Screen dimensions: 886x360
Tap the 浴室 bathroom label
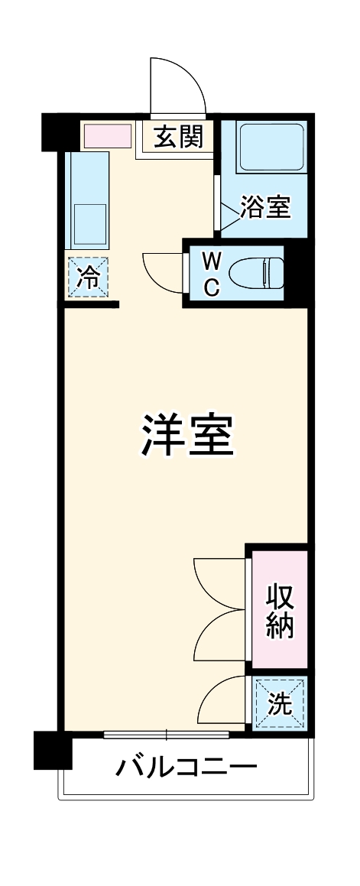[265, 207]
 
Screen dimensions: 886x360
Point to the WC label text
[212, 274]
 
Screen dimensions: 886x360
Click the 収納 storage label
[280, 611]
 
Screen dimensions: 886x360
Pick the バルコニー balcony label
[186, 767]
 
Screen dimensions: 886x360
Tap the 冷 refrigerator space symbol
[89, 277]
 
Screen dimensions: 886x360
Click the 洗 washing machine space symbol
[281, 704]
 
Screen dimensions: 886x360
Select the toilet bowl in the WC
[256, 273]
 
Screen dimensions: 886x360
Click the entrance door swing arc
[178, 84]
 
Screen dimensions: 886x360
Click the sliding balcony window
[166, 735]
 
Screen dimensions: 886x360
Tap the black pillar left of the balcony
[53, 750]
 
